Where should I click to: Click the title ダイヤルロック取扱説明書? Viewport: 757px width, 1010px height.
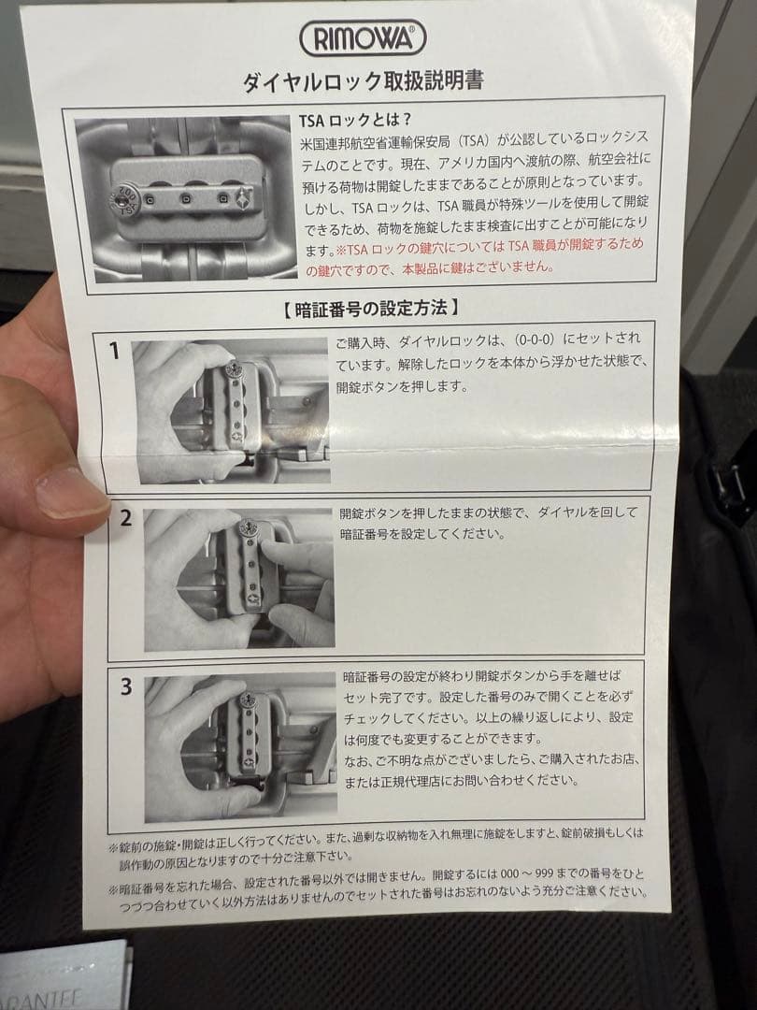click(363, 80)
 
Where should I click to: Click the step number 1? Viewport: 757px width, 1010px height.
click(115, 352)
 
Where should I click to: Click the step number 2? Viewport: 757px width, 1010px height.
click(125, 518)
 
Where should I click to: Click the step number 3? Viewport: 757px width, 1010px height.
click(126, 686)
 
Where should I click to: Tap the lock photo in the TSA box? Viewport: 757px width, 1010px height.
click(184, 197)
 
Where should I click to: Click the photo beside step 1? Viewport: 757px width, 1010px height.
click(230, 411)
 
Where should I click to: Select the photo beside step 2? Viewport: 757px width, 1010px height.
click(239, 580)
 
